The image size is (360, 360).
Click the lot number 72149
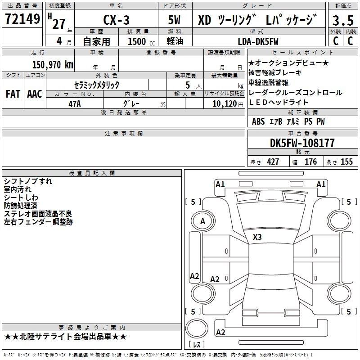tap(22, 18)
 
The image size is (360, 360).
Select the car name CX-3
tap(116, 20)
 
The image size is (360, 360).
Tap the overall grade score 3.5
tap(343, 20)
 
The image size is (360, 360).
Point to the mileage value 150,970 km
tap(53, 64)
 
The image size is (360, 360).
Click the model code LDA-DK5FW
tap(258, 41)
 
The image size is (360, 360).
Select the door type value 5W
tap(174, 20)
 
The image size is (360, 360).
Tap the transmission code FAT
tap(13, 94)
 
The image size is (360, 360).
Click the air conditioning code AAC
tap(35, 94)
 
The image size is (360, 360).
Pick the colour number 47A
tap(75, 104)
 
